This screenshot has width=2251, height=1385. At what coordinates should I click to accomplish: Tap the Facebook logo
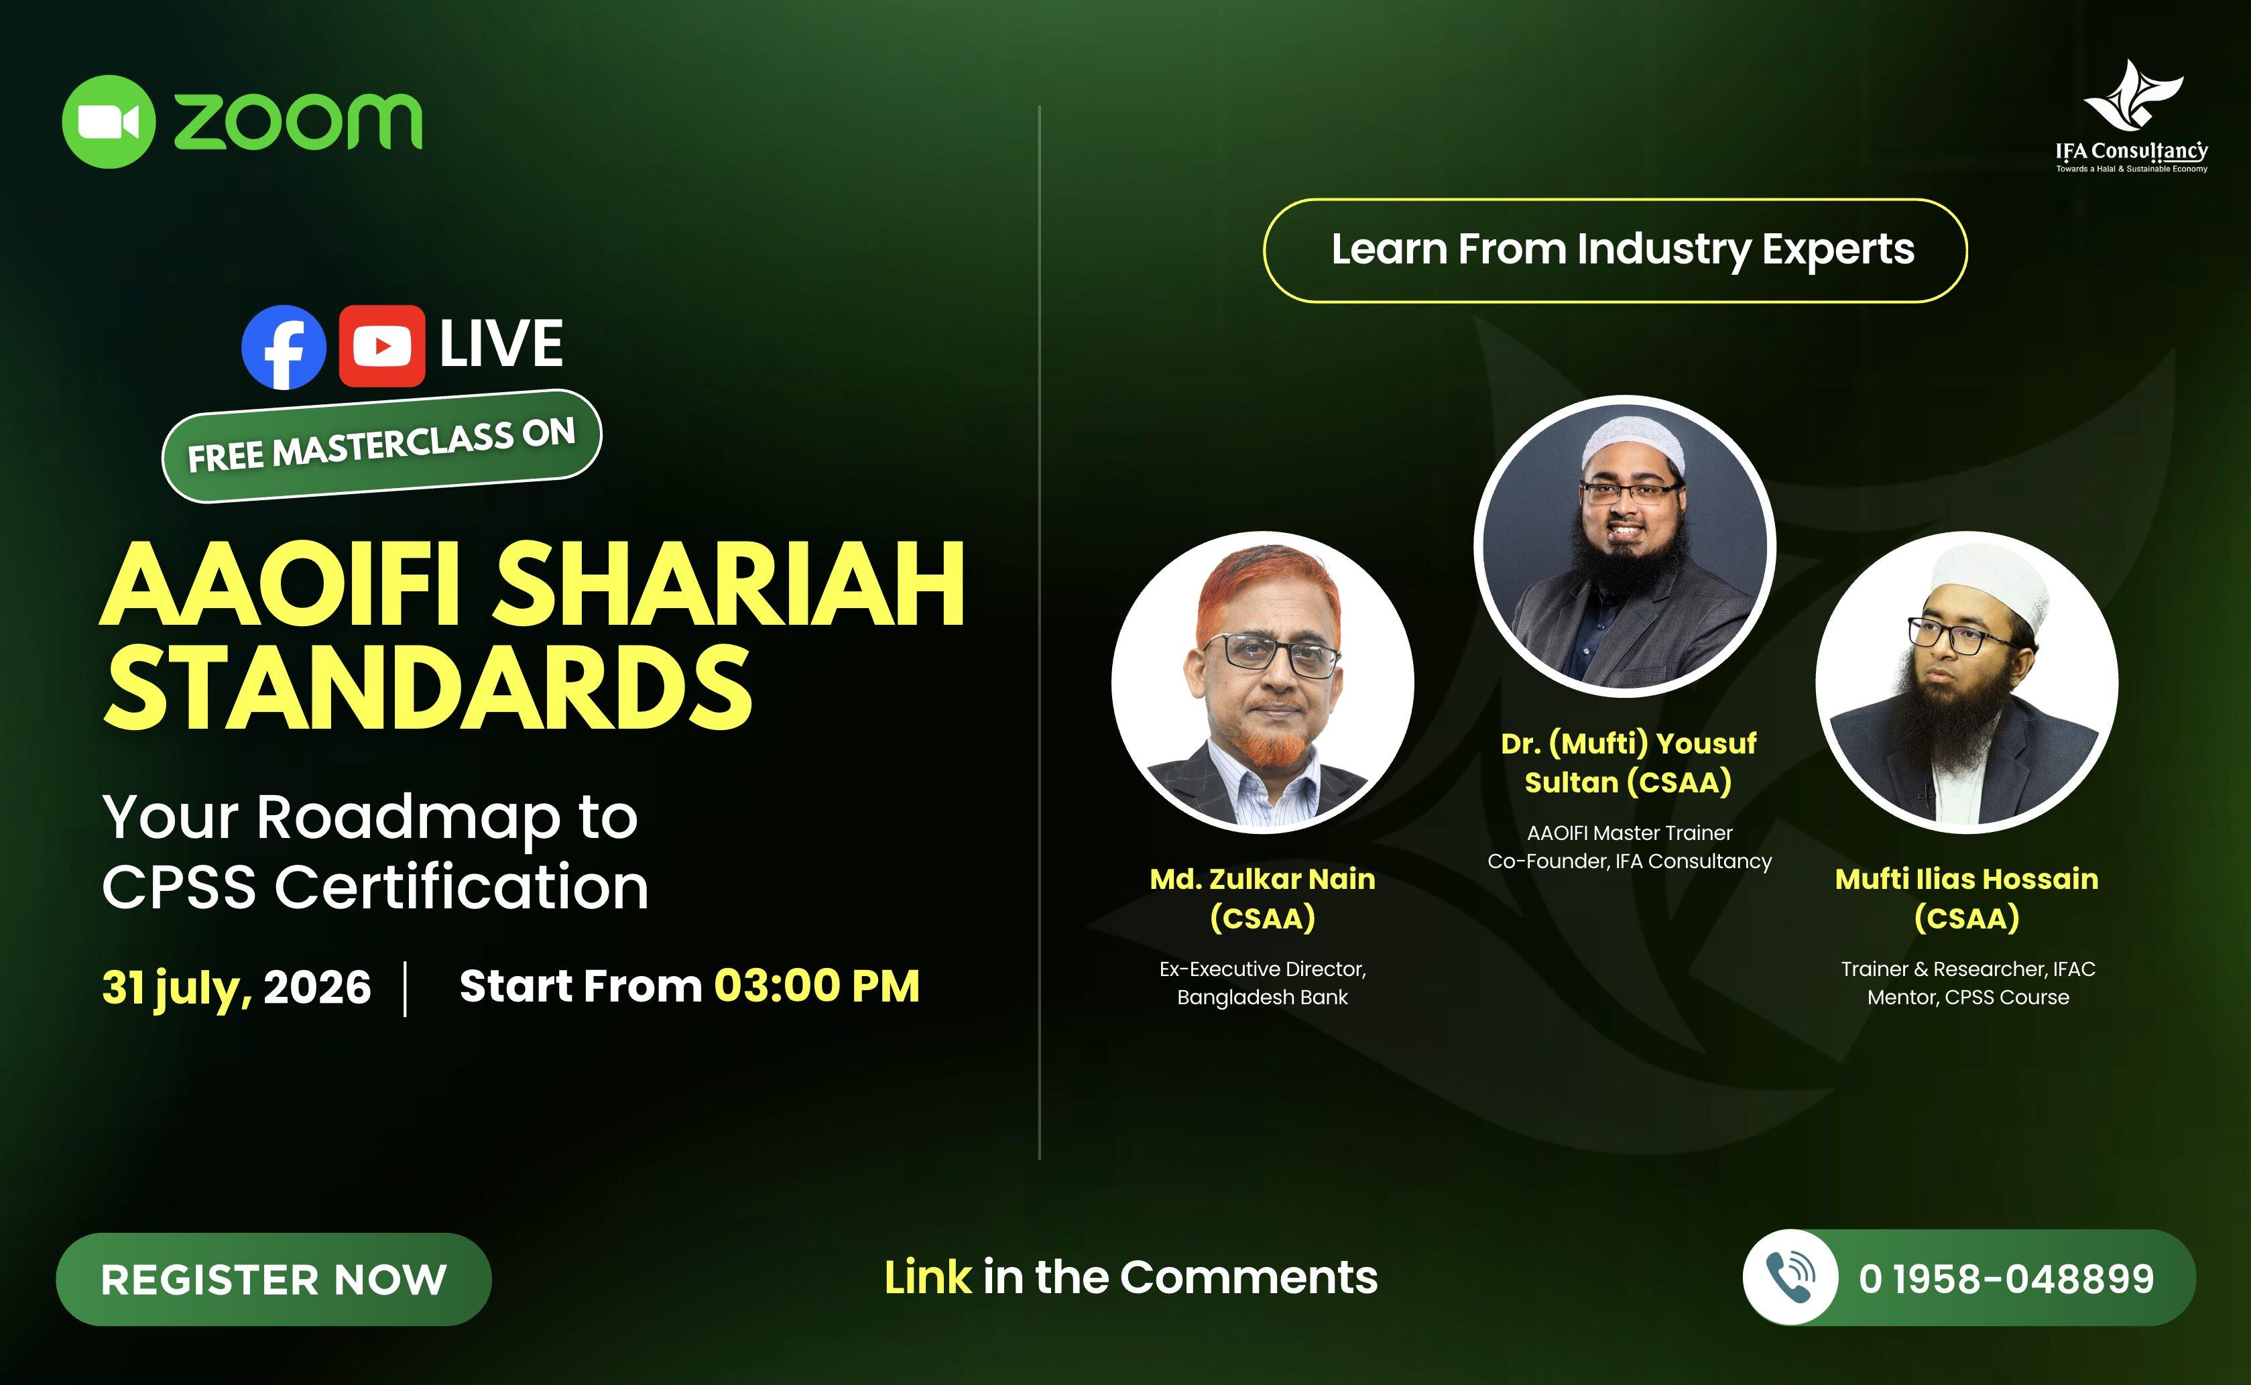click(284, 347)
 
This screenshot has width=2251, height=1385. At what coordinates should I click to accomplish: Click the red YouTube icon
click(382, 346)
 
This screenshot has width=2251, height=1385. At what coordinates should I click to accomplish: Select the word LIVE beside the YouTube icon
click(501, 345)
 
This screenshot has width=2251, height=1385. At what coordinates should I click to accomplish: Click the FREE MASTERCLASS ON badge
click(382, 446)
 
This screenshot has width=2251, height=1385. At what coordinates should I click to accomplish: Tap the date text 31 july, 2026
click(236, 987)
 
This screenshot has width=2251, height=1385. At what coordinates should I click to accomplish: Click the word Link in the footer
click(927, 1277)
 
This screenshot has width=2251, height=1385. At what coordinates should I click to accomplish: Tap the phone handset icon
click(1790, 1277)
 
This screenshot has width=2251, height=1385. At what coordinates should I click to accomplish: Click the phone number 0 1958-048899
click(2006, 1278)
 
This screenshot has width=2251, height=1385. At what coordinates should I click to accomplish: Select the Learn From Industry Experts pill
click(1616, 250)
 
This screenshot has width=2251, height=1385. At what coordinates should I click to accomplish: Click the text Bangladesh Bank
click(1263, 997)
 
